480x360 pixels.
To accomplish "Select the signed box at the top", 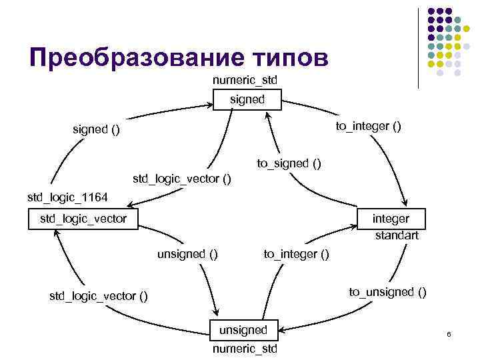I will point(247,100).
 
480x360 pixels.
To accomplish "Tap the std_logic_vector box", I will point(83,219).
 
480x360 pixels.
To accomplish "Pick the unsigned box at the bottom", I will point(244,329).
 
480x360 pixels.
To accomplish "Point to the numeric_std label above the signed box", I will point(245,81).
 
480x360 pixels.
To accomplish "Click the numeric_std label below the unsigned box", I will point(244,349).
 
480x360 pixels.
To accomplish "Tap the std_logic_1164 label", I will point(67,197).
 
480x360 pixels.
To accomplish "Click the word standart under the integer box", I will point(397,235).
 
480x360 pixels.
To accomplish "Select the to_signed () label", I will point(289,163).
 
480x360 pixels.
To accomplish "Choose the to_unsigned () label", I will point(388,291).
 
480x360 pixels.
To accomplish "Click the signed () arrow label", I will point(97,129).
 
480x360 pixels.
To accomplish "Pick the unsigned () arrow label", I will point(187,253).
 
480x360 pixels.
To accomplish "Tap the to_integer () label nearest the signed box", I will point(368,126).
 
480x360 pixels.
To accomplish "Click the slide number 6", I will point(449,333).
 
